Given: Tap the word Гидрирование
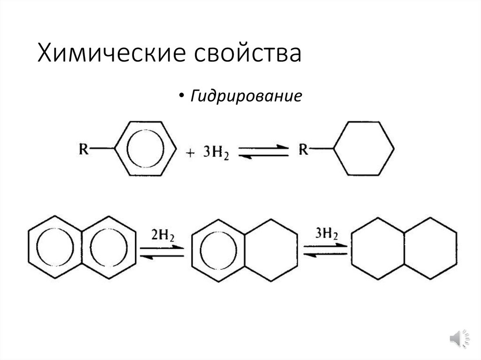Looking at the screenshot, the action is pyautogui.click(x=246, y=97).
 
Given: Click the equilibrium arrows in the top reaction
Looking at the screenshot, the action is pyautogui.click(x=263, y=152).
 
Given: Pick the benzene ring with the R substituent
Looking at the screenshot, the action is pyautogui.click(x=145, y=149).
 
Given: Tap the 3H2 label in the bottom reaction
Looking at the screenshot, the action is pyautogui.click(x=326, y=233).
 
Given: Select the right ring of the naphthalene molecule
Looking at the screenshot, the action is pyautogui.click(x=109, y=247).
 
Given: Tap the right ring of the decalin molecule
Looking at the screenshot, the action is pyautogui.click(x=431, y=249).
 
